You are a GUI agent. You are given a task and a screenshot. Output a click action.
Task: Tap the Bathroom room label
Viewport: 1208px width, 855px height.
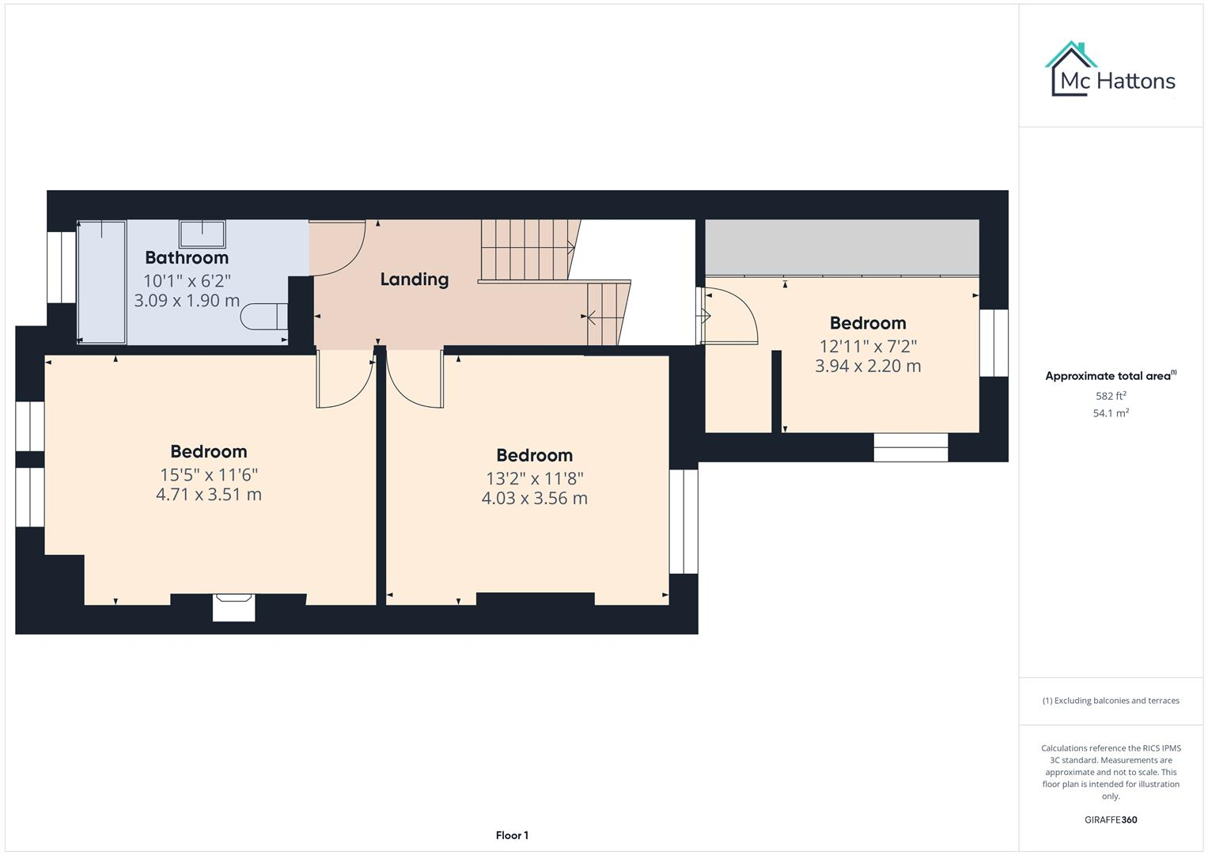coord(187,257)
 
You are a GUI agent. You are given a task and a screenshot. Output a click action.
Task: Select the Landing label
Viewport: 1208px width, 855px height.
coord(414,279)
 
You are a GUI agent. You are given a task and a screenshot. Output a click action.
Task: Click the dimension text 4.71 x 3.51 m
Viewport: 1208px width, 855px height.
coord(209,494)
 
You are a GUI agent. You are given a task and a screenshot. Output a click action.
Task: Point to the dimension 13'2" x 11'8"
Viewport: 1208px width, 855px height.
coord(534,478)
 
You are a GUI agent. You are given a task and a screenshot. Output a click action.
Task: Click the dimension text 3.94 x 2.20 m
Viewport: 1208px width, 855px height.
coord(868,366)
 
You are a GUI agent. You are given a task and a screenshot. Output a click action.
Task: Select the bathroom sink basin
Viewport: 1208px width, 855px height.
coord(203,234)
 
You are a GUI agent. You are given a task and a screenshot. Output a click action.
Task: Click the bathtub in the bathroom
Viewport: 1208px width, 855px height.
coord(102,282)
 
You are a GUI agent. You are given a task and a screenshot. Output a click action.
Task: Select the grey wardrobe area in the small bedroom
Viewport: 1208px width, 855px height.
coord(842,247)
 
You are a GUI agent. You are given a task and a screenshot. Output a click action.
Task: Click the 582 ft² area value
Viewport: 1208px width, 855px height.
coord(1110,396)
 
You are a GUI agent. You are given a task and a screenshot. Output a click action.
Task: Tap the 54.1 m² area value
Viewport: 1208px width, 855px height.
coord(1110,413)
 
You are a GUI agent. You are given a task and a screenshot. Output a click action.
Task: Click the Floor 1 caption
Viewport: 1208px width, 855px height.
coord(512,835)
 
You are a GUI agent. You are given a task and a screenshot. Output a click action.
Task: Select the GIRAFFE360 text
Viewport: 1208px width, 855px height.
coord(1110,819)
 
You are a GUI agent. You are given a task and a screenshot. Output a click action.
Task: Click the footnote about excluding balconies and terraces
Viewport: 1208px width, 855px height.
coord(1110,701)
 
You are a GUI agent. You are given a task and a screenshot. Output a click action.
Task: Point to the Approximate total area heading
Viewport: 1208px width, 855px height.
coord(1110,376)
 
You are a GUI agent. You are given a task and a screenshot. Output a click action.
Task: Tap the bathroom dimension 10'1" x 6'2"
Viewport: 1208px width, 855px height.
coord(187,280)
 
